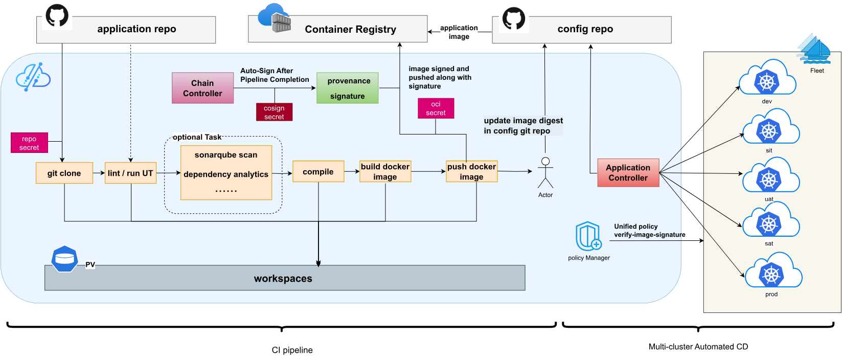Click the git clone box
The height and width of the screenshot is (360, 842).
64,173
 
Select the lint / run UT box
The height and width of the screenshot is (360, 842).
130,173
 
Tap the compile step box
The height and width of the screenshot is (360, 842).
318,172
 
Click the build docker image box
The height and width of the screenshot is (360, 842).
385,172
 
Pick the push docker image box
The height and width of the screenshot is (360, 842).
471,172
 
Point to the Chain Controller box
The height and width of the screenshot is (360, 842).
202,88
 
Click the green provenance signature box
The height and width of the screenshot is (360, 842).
348,88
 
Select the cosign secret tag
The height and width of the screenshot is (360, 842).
274,112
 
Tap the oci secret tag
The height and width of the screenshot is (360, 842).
436,108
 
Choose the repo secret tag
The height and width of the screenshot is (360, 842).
29,143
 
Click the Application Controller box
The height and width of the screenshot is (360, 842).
628,173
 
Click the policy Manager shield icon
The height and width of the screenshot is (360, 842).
588,237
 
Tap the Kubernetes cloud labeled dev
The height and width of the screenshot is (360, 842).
767,79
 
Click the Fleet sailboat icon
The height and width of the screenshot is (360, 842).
814,50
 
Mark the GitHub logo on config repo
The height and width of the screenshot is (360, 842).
514,18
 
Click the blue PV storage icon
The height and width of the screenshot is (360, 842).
64,259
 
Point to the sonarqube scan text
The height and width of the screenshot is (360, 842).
226,155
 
